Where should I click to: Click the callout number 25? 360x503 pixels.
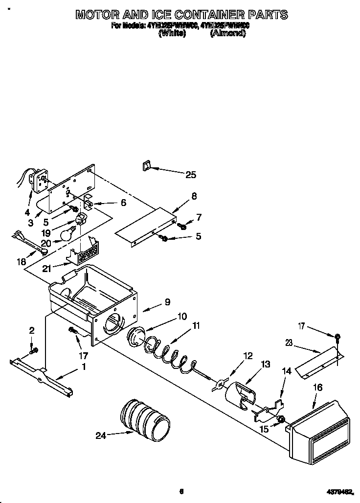coord(190,174)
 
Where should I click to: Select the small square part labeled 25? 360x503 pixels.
coord(145,167)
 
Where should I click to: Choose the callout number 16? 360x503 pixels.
coord(317,387)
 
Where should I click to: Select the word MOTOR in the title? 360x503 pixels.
coord(98,15)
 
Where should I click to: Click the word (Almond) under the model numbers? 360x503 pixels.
coord(227,34)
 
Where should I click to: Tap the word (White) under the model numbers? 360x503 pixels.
coord(173,34)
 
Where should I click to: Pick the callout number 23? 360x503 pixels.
coord(289,343)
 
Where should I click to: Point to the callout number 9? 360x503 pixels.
coord(167,302)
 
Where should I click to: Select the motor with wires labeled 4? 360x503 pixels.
coord(36,180)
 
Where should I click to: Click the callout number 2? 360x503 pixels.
coord(32,330)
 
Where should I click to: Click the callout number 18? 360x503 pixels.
coord(21,262)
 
